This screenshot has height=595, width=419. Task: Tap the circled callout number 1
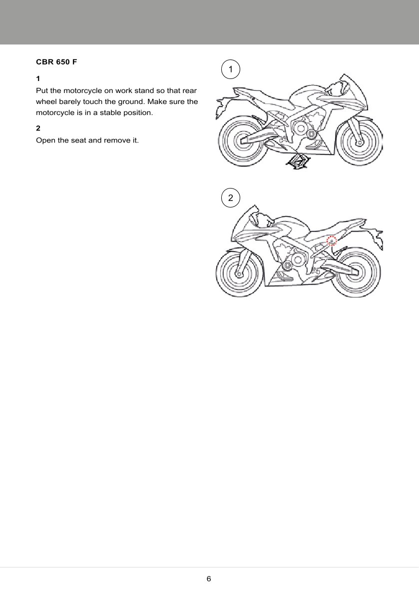coord(230,69)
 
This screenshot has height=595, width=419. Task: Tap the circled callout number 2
coord(230,198)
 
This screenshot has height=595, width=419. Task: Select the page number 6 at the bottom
coord(209,579)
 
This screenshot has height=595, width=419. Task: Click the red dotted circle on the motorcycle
coord(332,241)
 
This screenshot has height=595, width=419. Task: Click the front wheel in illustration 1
coord(359,143)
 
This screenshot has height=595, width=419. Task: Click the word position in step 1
coord(136,112)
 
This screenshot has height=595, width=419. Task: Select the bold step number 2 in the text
coord(38,128)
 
